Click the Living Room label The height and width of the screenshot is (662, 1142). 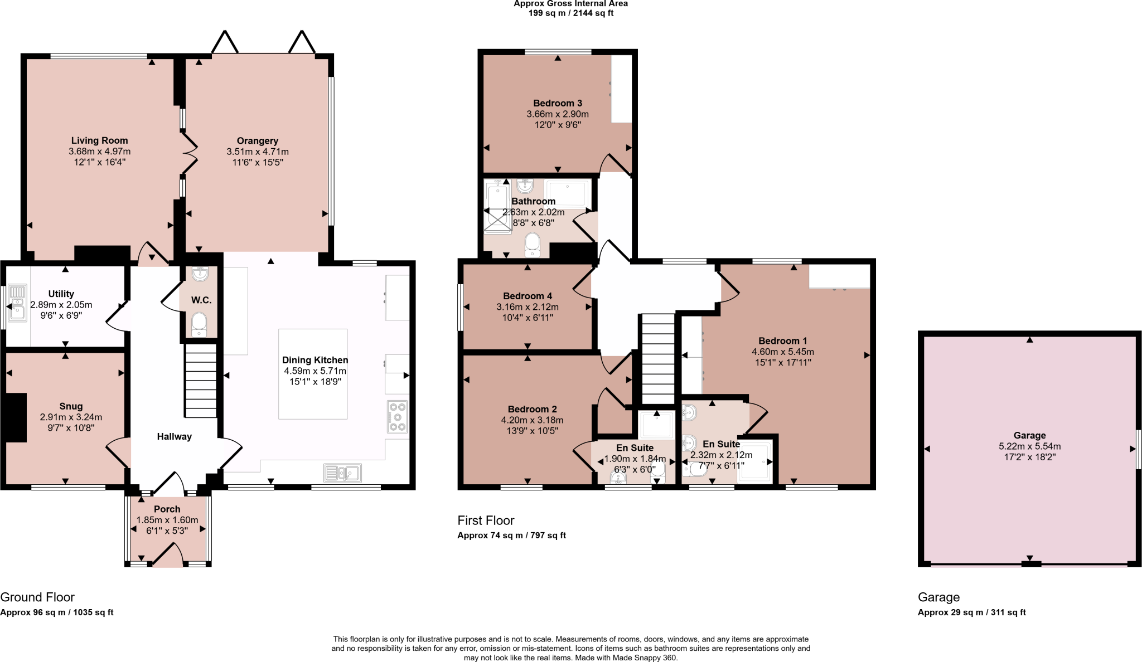point(99,140)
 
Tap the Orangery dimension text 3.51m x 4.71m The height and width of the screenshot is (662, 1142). point(257,152)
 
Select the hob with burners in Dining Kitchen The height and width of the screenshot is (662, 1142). point(398,417)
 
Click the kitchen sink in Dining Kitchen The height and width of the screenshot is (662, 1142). point(342,473)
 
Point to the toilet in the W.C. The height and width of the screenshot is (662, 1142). point(199,324)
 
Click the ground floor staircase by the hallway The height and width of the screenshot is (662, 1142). point(201,381)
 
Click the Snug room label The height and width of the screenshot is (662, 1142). point(71,406)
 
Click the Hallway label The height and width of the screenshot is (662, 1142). point(174,436)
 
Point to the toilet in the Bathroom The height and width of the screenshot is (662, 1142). point(533,245)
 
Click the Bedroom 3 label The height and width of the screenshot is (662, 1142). point(557,103)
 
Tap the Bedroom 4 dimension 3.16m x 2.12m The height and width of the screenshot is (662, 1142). point(527,307)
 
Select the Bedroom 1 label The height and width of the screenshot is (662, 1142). point(782,340)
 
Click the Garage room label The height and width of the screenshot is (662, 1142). point(1029,435)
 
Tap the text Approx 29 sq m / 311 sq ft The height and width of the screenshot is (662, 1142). point(971,612)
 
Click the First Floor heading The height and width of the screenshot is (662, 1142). point(486,520)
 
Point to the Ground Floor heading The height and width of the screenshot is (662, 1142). point(37,597)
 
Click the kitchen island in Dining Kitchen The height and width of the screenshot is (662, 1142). point(313,374)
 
